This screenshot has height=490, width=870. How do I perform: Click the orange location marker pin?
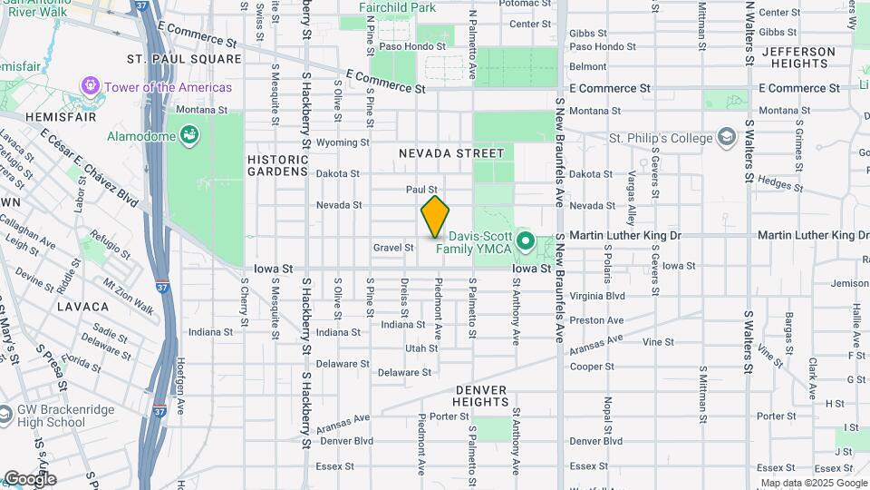click(435, 217)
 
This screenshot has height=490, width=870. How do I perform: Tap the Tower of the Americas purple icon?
click(91, 87)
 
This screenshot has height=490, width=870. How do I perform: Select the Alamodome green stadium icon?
click(188, 135)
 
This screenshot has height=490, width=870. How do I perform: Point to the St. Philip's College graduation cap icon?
click(725, 138)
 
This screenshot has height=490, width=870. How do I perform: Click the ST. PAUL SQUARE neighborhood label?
click(184, 59)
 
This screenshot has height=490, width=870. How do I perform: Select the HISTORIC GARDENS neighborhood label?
click(278, 164)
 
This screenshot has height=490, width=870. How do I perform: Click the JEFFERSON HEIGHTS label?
click(798, 58)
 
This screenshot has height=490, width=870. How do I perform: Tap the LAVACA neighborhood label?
click(82, 307)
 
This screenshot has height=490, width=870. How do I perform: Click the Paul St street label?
click(421, 189)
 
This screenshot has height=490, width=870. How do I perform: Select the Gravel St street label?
click(393, 247)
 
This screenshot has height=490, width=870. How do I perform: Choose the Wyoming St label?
click(343, 142)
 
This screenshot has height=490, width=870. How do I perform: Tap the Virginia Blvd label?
click(596, 296)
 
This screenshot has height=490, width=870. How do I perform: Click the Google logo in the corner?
click(29, 479)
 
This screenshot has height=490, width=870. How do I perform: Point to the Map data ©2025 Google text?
click(813, 483)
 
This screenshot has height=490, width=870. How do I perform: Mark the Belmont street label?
click(588, 66)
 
